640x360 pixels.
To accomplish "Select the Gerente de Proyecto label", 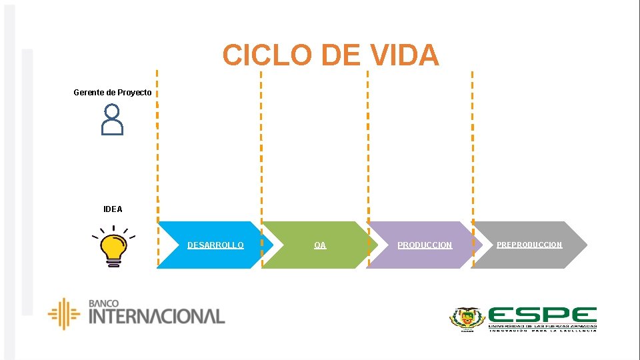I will (x=112, y=92).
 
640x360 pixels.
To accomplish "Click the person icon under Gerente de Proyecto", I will (x=113, y=120).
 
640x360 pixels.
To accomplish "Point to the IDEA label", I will (x=113, y=209).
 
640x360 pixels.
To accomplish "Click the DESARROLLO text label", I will (x=215, y=245).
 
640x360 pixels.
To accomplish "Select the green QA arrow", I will (x=313, y=257).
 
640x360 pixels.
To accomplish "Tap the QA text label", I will (x=320, y=245).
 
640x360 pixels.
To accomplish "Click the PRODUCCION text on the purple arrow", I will (x=425, y=245).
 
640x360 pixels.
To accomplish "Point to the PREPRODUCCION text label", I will (x=529, y=245).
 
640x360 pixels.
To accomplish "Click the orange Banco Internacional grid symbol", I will (x=64, y=313).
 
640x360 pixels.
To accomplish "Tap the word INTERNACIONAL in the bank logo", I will (x=157, y=316).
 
